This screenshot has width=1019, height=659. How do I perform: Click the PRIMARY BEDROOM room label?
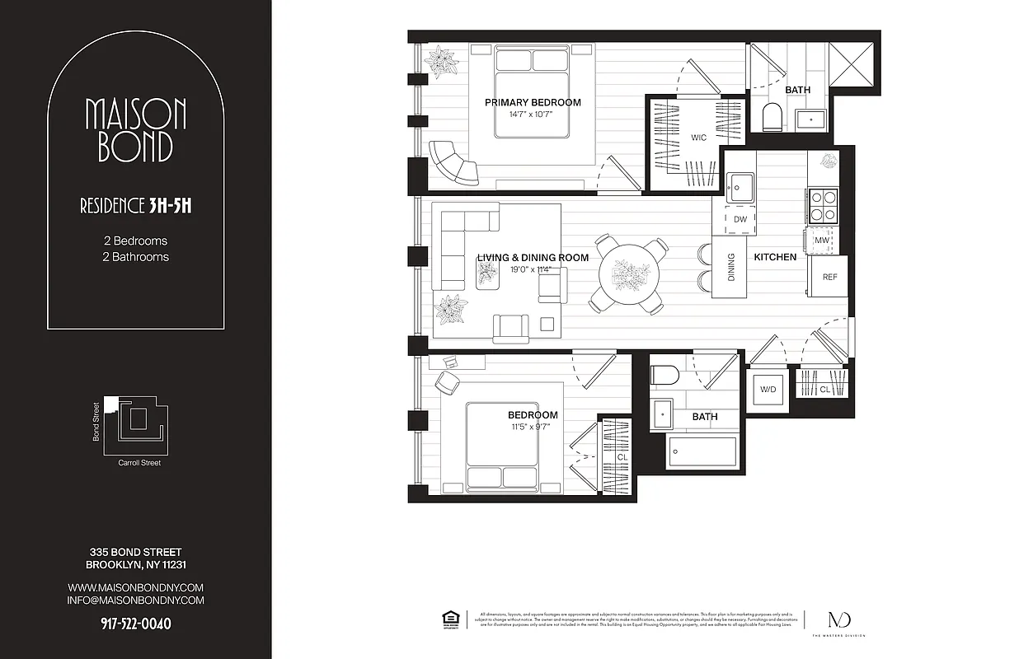pos(532,103)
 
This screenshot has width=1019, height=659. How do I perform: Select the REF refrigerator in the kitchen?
pos(829,277)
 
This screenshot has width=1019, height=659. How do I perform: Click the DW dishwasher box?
pos(740,219)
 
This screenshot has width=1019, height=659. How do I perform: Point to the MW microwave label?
pos(821,241)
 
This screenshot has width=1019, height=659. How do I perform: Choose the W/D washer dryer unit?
pos(768,389)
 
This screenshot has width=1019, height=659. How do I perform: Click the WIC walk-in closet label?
pos(698,138)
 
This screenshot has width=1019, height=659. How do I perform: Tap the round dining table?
pos(630,276)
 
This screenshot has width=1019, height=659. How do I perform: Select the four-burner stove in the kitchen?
pos(822,205)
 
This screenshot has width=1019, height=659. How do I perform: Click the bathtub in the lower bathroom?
pos(702,452)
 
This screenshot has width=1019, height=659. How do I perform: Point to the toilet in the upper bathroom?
pos(772,118)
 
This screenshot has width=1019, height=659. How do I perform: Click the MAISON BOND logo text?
pos(135,130)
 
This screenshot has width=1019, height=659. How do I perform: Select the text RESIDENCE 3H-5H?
pos(135,206)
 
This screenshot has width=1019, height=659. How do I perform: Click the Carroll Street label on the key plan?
pos(139,463)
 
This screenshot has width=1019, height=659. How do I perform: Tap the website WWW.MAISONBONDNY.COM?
pos(135,587)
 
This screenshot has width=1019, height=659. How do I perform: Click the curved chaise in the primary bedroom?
pos(453,161)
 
